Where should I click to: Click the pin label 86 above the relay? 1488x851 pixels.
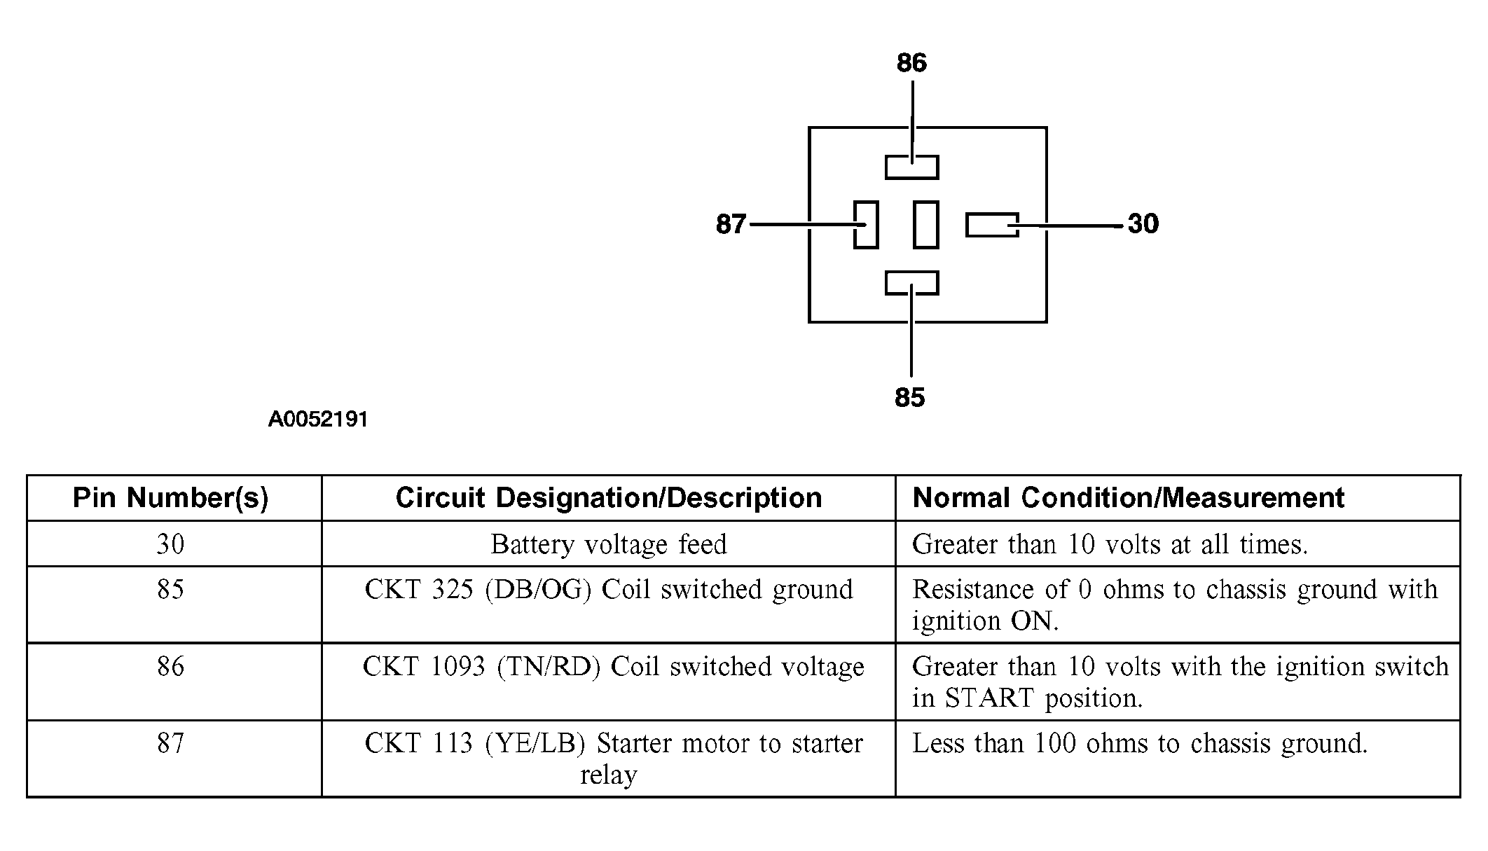[x=911, y=63]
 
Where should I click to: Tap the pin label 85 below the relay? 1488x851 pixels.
[x=910, y=398]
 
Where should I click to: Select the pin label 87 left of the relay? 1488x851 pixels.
[x=731, y=224]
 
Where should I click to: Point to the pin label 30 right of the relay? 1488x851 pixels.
[x=1143, y=224]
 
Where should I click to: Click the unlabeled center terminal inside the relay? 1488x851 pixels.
[x=926, y=224]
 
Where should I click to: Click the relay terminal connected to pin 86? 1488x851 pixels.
[x=911, y=167]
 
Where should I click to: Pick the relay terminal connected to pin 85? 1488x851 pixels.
[x=911, y=283]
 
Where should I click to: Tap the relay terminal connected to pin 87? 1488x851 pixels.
[x=866, y=224]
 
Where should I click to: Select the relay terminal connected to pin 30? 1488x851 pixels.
[x=992, y=224]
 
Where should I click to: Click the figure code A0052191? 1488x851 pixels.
[x=318, y=420]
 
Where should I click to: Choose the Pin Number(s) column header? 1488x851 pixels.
[x=171, y=498]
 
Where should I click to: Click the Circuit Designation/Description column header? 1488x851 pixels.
[x=609, y=498]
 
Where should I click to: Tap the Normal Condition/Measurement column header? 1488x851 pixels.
[x=1128, y=498]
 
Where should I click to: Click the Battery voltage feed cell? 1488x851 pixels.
[x=609, y=544]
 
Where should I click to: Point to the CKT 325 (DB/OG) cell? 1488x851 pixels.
[x=609, y=604]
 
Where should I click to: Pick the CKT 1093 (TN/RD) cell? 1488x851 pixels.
[x=609, y=682]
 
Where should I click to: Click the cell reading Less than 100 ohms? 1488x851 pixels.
[x=1178, y=759]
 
